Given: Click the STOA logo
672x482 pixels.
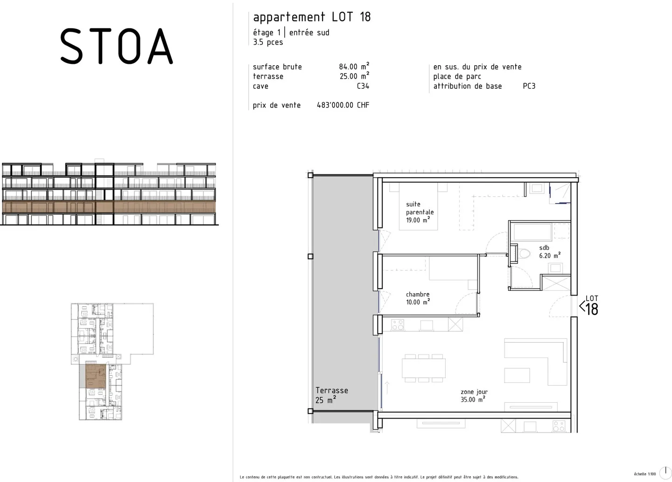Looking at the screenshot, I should (x=116, y=46).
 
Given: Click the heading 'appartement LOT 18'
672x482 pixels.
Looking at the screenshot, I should (x=312, y=17).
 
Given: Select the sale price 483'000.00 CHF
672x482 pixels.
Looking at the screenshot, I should (x=343, y=105).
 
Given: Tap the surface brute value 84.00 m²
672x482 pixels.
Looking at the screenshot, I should (x=354, y=67).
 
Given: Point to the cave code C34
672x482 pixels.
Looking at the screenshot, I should (x=363, y=86).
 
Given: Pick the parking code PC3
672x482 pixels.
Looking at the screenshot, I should (x=529, y=86).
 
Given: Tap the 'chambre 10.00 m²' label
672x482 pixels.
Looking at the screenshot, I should (x=418, y=298).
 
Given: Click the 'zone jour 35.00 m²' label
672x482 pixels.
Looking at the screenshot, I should (x=474, y=396).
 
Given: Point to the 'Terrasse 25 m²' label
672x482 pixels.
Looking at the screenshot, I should (x=331, y=395).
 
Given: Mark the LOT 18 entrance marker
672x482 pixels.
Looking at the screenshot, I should (x=589, y=305).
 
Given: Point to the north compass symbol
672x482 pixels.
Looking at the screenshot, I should (x=665, y=472).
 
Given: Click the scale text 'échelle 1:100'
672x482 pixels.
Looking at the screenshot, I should (x=644, y=474).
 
